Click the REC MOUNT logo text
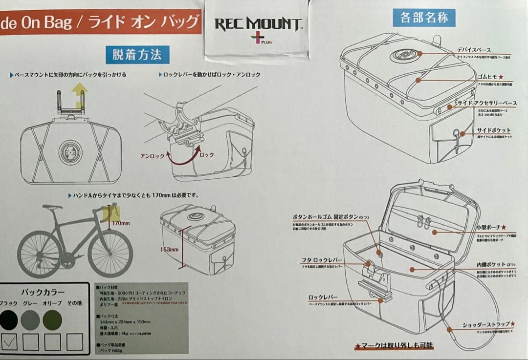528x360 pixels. (x=258, y=23)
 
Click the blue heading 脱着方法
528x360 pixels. (x=137, y=54)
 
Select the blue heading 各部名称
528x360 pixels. (x=424, y=18)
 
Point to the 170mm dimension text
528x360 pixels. (x=121, y=223)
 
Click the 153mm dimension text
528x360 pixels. (x=169, y=249)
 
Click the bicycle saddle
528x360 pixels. (x=52, y=207)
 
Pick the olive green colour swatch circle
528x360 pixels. (x=52, y=320)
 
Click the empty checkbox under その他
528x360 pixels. (x=75, y=341)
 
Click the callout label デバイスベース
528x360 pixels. (x=474, y=50)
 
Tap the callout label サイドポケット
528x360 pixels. (x=493, y=130)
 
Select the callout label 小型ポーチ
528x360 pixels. (x=490, y=228)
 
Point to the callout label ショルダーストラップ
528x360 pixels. (x=486, y=324)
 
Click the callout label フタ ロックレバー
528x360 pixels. (x=321, y=260)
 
